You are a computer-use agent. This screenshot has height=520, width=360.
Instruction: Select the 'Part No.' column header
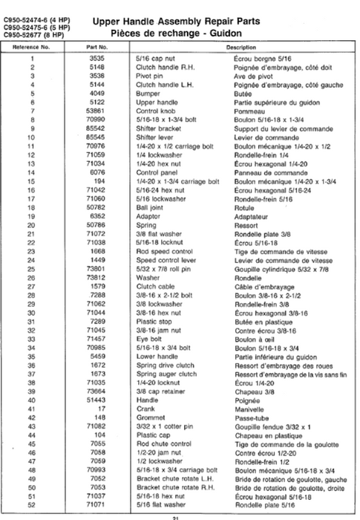coord(97,47)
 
